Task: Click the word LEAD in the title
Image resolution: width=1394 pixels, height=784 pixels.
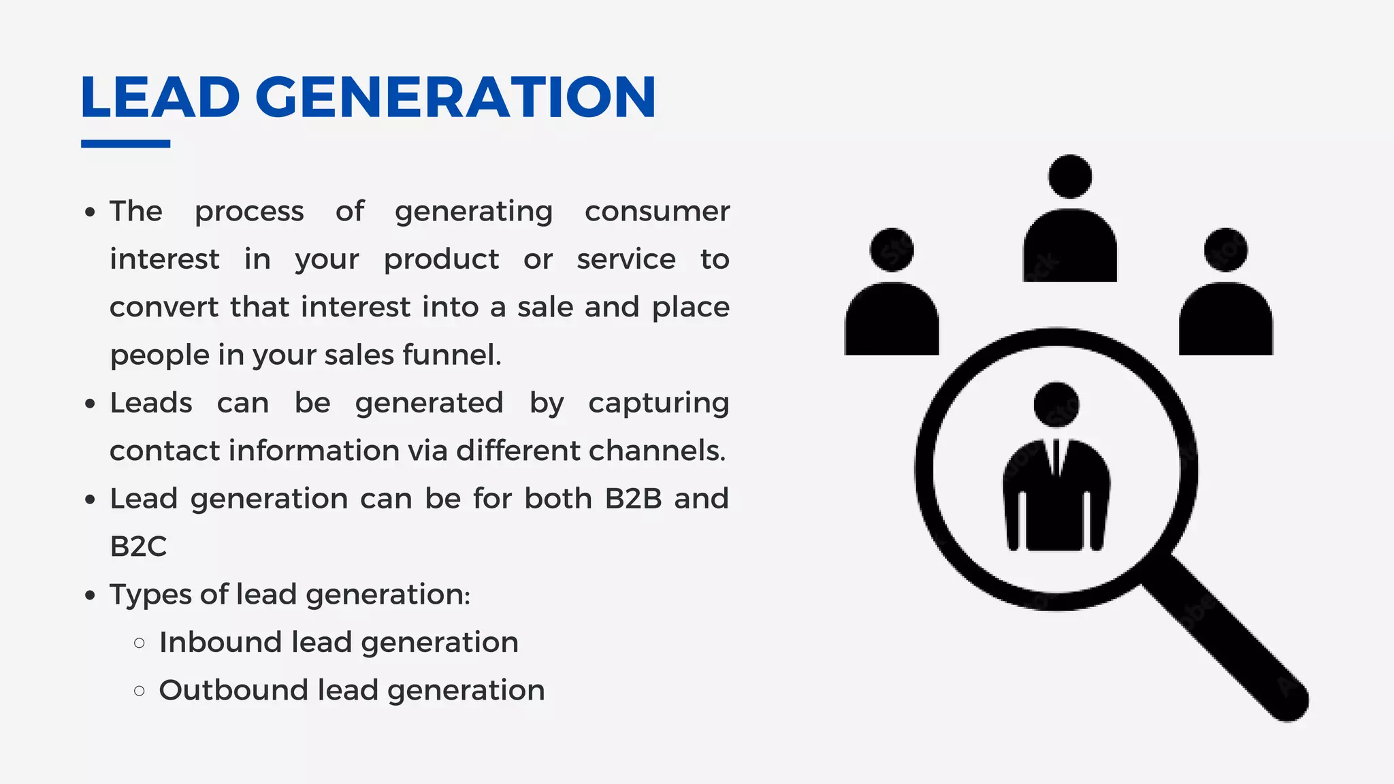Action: [x=160, y=97]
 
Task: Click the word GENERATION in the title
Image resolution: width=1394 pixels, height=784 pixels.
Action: [x=455, y=97]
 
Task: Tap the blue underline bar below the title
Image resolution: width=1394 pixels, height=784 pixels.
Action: [x=125, y=144]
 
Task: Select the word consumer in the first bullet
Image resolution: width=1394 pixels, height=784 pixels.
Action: [x=657, y=212]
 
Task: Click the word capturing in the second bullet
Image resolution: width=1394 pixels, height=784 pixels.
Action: [x=658, y=404]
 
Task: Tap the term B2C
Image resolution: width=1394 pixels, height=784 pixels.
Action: [x=138, y=546]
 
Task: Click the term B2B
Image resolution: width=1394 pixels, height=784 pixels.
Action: [x=633, y=499]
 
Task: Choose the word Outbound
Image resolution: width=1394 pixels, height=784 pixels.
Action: [x=233, y=690]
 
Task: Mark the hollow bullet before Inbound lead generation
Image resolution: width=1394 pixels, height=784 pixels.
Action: [x=140, y=643]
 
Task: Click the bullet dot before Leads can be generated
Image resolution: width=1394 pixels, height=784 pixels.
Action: [x=91, y=404]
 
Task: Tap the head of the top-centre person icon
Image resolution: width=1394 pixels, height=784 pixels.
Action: [x=1070, y=176]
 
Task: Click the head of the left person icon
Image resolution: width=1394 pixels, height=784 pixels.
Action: [x=892, y=250]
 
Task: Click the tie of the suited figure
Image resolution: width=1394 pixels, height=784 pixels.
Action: [x=1056, y=457]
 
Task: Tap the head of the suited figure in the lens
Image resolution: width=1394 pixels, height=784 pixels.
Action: [x=1056, y=404]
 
